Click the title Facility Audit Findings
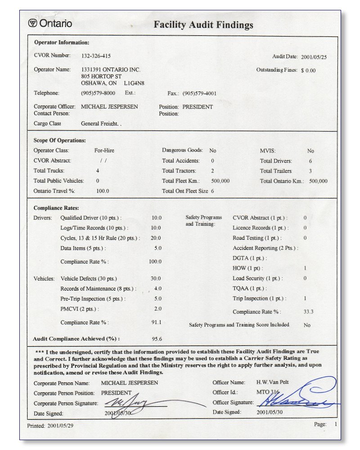(x=203, y=25)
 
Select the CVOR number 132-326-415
(x=96, y=56)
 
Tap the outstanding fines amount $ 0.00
(x=308, y=71)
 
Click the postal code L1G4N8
(x=134, y=83)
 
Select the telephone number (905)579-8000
(x=98, y=93)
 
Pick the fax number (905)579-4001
(x=199, y=94)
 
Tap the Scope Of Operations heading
(x=59, y=140)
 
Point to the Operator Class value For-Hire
(x=104, y=151)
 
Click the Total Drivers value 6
(x=310, y=161)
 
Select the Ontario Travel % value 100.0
(x=103, y=191)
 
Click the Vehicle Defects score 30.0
(x=156, y=279)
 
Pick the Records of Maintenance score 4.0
(x=157, y=288)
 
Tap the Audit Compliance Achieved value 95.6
(x=157, y=339)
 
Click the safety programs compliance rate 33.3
(x=309, y=311)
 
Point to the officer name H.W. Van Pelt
(x=272, y=382)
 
